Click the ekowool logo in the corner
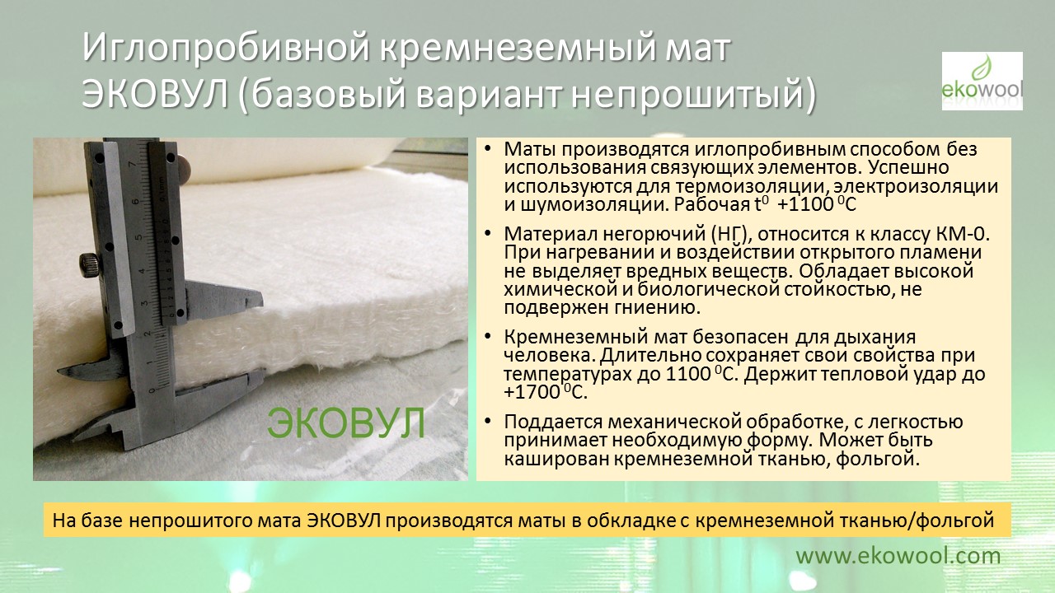coord(982,81)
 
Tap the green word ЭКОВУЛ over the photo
coord(346,423)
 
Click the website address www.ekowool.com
coord(898,556)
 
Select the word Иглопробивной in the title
coord(226,48)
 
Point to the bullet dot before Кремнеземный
coord(487,336)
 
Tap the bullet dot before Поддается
coord(487,421)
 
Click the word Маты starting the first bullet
coord(529,149)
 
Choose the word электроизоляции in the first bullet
coord(916,186)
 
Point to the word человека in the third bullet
coord(548,355)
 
